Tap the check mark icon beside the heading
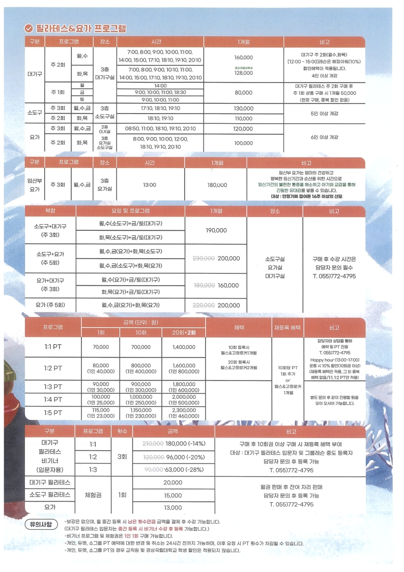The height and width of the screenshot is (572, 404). pos(29,28)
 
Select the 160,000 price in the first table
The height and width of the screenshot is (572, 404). pos(244,57)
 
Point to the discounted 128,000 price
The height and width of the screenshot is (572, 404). pos(244,73)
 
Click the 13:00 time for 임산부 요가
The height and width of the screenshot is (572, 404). pos(150,185)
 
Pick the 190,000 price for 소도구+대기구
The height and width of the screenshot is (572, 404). pos(216,231)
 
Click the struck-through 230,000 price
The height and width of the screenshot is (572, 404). pos(204,258)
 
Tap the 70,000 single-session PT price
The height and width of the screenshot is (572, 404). pos(101,347)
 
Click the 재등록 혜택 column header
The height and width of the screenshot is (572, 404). pos(288,327)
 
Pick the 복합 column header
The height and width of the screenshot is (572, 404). pos(50,211)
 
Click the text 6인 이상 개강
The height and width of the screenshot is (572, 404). pos(324,138)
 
